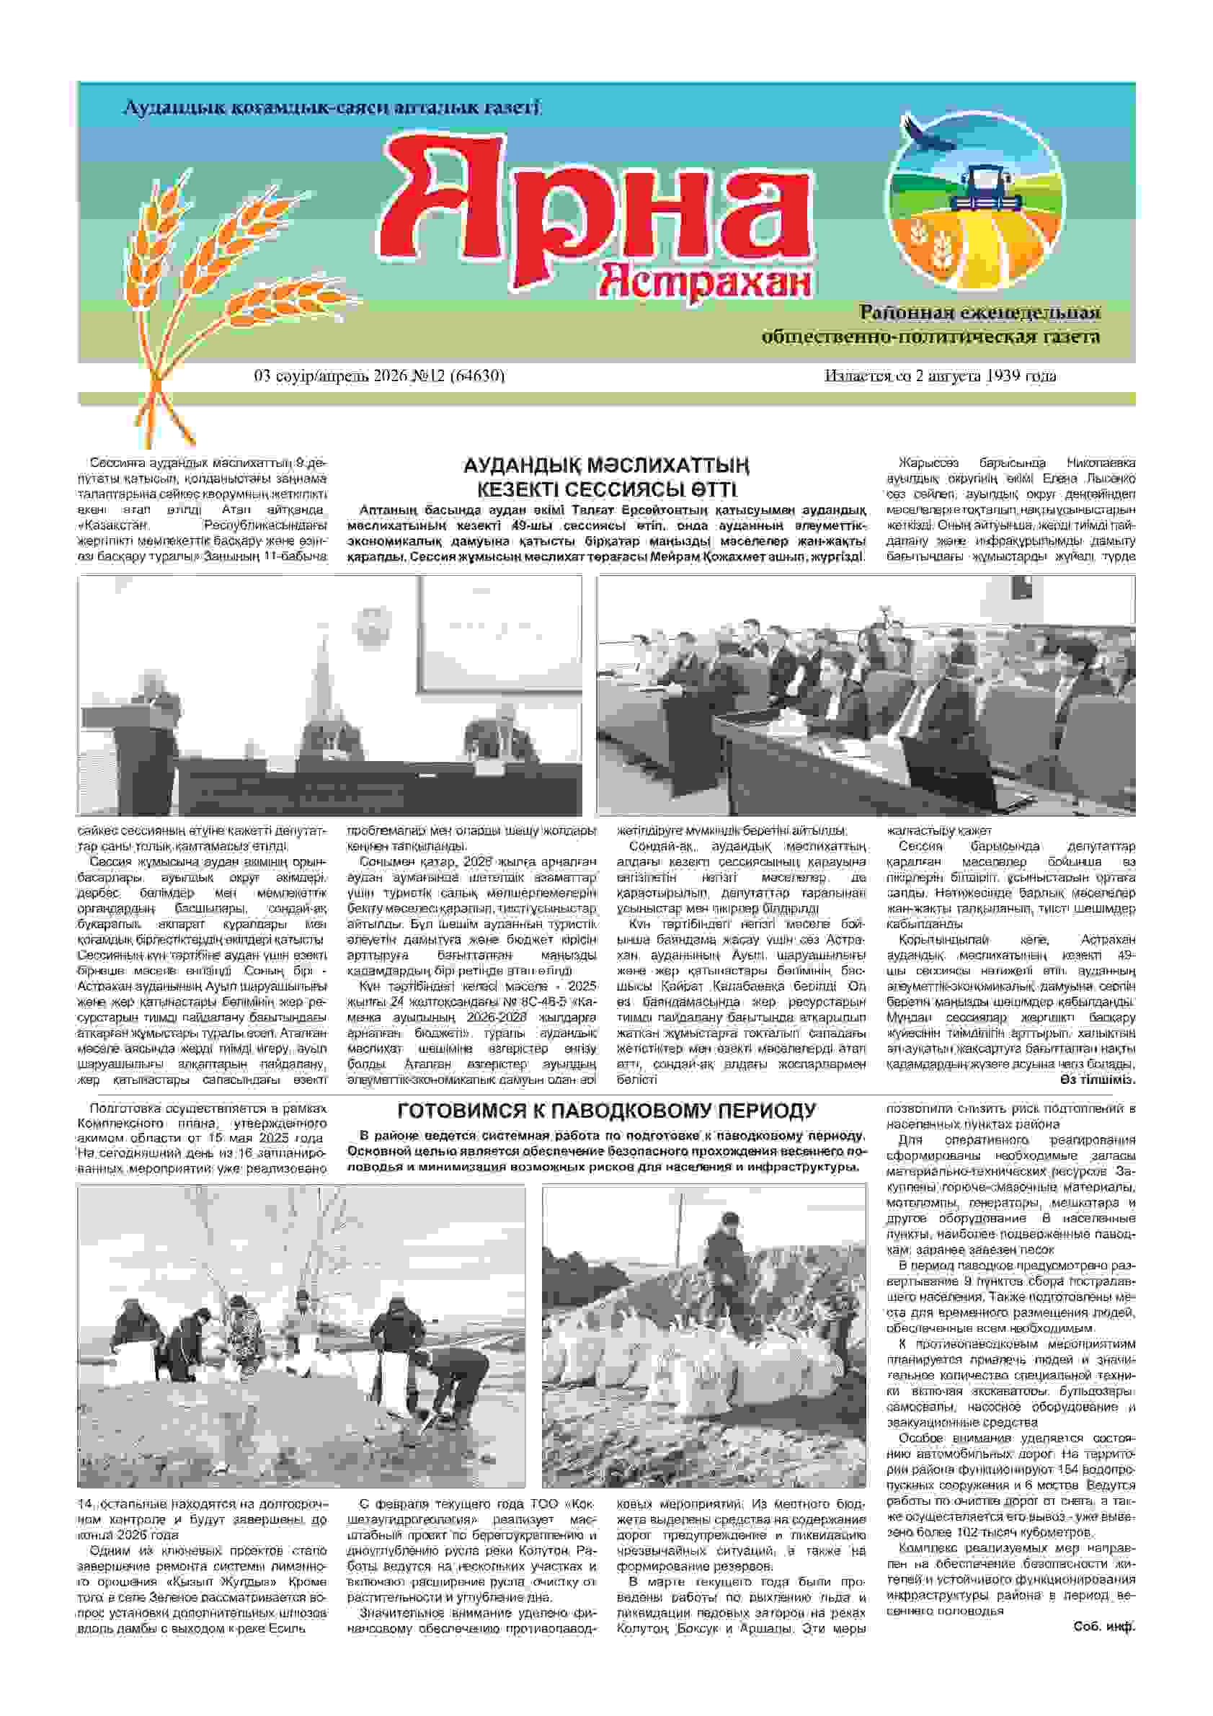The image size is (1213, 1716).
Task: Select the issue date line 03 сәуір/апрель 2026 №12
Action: click(x=380, y=376)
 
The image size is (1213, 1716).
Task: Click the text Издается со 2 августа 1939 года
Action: click(x=941, y=376)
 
